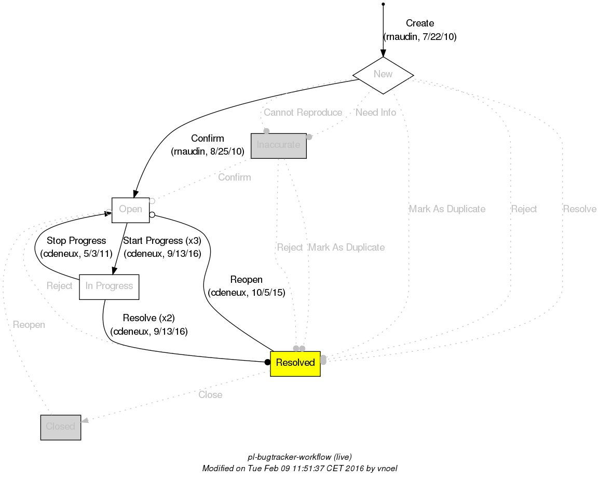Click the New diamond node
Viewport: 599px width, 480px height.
[x=383, y=74]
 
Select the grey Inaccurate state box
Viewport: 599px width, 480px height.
[x=278, y=145]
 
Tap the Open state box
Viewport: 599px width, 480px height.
[x=130, y=210]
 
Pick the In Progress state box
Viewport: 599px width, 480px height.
[x=109, y=286]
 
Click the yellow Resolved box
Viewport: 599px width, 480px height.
[x=295, y=363]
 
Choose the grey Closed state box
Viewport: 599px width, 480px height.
[x=60, y=427]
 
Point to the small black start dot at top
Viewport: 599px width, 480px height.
[x=383, y=4]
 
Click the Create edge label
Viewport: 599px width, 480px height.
[x=419, y=23]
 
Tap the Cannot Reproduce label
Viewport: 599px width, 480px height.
[x=303, y=113]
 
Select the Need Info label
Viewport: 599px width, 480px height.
[x=375, y=113]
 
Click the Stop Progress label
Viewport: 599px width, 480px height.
[x=76, y=241]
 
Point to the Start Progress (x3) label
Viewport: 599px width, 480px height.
[x=162, y=241]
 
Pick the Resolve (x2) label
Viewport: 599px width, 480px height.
[x=148, y=318]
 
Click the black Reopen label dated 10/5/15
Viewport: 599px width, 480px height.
[x=246, y=280]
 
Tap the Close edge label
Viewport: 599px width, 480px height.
[x=210, y=395]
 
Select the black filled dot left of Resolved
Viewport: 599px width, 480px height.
[x=267, y=362]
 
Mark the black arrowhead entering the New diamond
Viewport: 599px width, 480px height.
[x=383, y=53]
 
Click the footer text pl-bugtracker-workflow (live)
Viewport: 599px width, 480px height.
[x=299, y=457]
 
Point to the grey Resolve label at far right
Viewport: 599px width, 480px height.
[x=579, y=209]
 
